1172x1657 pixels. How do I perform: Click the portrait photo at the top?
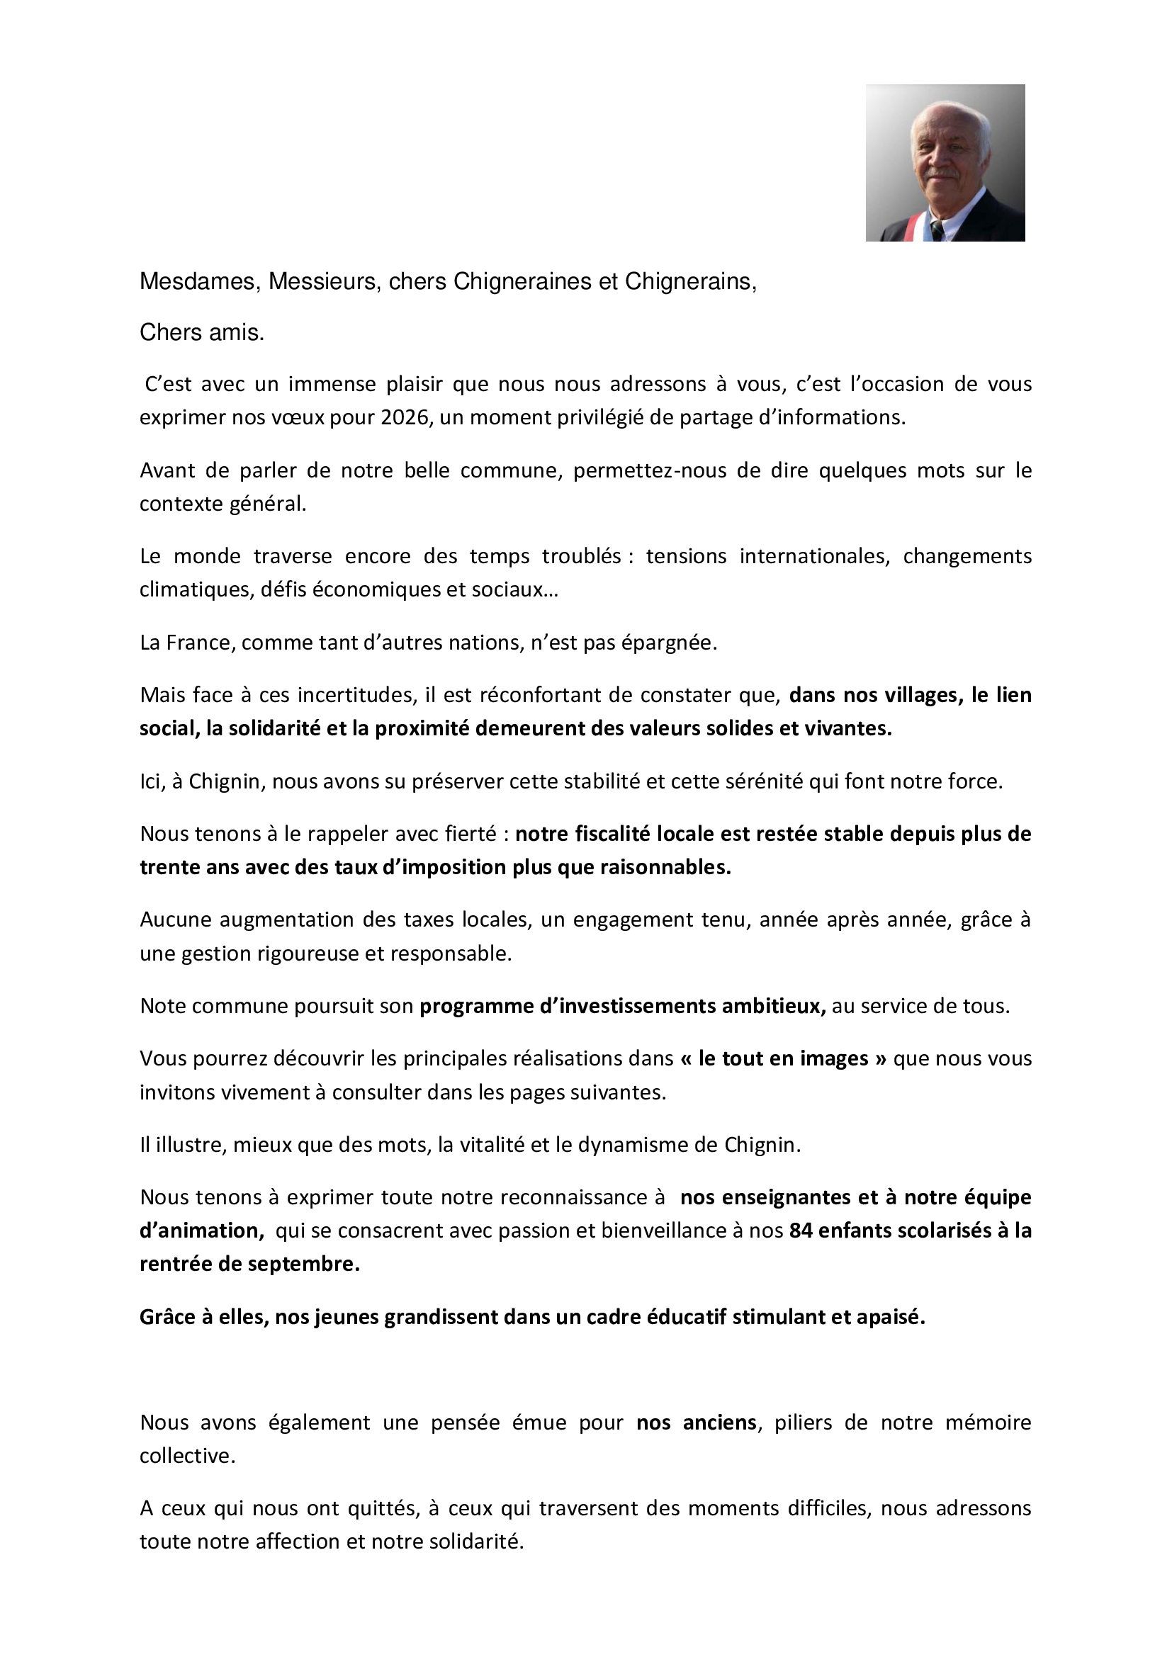point(945,162)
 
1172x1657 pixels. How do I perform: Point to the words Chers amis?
point(201,332)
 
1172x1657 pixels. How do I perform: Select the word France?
point(199,643)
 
